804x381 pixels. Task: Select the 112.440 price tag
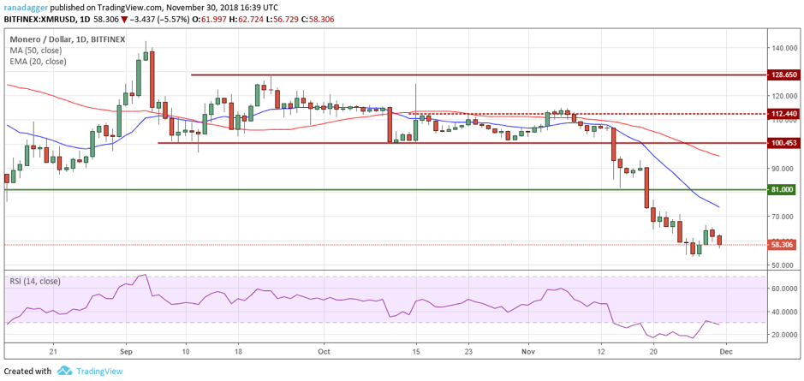click(x=783, y=128)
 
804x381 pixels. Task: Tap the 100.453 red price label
click(x=783, y=143)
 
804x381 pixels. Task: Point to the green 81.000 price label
click(x=783, y=190)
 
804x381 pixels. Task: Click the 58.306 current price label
click(x=783, y=245)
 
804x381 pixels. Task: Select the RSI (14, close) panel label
click(x=34, y=281)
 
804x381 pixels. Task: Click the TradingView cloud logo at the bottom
click(x=64, y=371)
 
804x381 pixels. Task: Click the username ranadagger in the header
click(x=26, y=6)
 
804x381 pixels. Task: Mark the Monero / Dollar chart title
click(x=40, y=39)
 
